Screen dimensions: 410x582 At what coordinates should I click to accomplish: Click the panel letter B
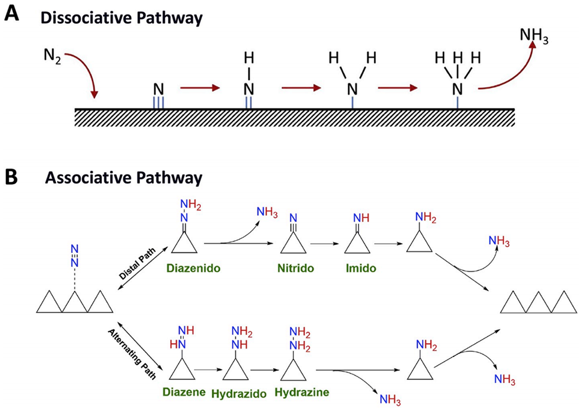pos(12,175)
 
